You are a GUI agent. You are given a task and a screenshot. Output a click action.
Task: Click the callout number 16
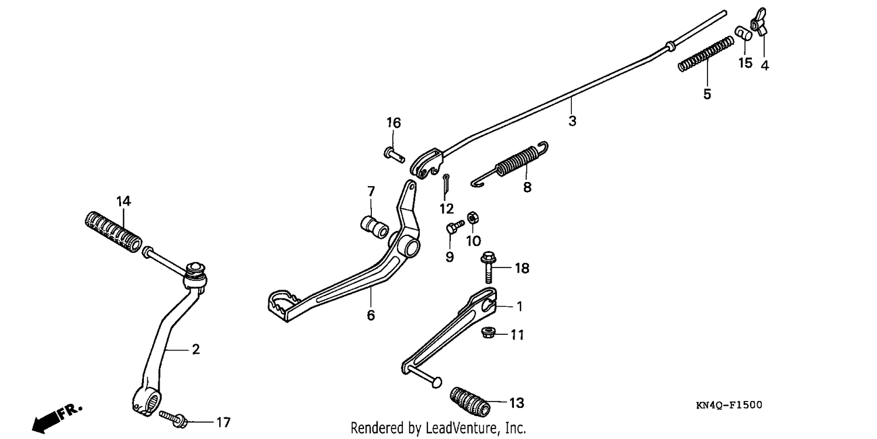(x=394, y=123)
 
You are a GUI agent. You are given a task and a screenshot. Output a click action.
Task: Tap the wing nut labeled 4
(x=759, y=22)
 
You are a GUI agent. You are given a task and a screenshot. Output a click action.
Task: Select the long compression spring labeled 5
(x=706, y=54)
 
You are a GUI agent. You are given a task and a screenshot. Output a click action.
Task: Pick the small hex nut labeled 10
(x=473, y=218)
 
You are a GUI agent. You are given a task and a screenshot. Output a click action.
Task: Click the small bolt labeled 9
(x=454, y=226)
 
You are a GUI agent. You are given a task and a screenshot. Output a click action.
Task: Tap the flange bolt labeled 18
(x=488, y=267)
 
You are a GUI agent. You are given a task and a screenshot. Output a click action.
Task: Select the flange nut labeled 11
(x=488, y=333)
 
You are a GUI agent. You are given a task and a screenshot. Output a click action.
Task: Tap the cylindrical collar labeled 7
(x=375, y=227)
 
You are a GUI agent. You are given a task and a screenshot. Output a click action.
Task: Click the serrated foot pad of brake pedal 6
(x=284, y=303)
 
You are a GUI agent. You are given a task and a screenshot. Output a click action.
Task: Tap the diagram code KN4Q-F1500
(x=728, y=405)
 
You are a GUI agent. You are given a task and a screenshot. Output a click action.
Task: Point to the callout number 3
(x=572, y=121)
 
